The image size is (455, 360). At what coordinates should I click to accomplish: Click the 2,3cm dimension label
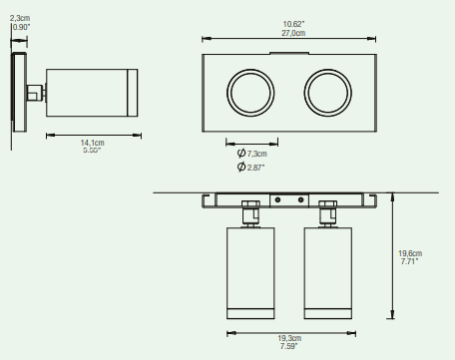(x=20, y=18)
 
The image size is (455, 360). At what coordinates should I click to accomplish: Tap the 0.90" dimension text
(x=21, y=27)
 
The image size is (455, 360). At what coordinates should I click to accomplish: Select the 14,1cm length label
(x=93, y=143)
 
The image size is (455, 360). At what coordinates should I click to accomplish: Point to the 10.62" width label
(x=293, y=24)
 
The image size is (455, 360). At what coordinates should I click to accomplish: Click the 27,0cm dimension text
(x=293, y=33)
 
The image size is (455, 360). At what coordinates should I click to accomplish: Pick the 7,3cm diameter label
(x=256, y=154)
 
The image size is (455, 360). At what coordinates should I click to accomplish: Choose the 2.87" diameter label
(x=255, y=168)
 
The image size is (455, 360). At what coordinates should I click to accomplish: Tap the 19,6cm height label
(x=410, y=253)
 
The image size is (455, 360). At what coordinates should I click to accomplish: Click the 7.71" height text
(x=409, y=261)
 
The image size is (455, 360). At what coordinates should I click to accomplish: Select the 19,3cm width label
(x=289, y=338)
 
